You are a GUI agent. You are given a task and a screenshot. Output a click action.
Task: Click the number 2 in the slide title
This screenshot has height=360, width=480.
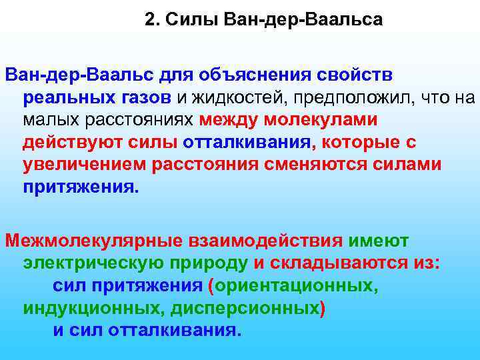click(x=149, y=20)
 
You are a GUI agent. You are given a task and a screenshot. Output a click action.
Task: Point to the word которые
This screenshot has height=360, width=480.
click(x=358, y=143)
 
